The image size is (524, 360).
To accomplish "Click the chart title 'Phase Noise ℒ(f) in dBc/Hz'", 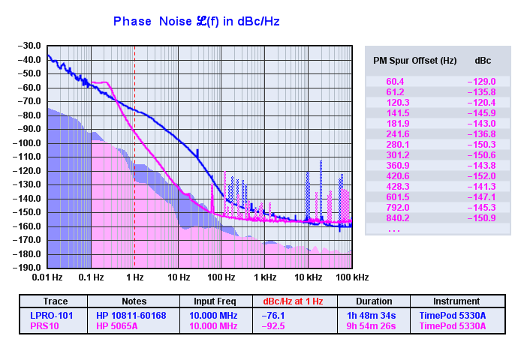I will [196, 22].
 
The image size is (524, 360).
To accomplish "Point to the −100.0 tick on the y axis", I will [26, 143].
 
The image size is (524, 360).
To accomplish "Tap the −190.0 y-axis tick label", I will [26, 268].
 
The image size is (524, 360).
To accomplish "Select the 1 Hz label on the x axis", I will [134, 277].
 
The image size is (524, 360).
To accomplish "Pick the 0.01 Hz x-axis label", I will [48, 277].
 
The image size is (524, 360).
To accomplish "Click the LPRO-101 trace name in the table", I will [52, 316].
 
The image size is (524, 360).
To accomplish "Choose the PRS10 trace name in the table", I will [45, 326].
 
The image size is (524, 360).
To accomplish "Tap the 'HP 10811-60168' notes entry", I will [131, 316].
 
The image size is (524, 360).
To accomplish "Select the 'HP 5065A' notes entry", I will [119, 326].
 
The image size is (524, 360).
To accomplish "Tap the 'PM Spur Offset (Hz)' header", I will [415, 60].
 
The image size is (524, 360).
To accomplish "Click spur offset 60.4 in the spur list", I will [396, 81].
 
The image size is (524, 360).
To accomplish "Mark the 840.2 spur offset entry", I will [398, 218].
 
